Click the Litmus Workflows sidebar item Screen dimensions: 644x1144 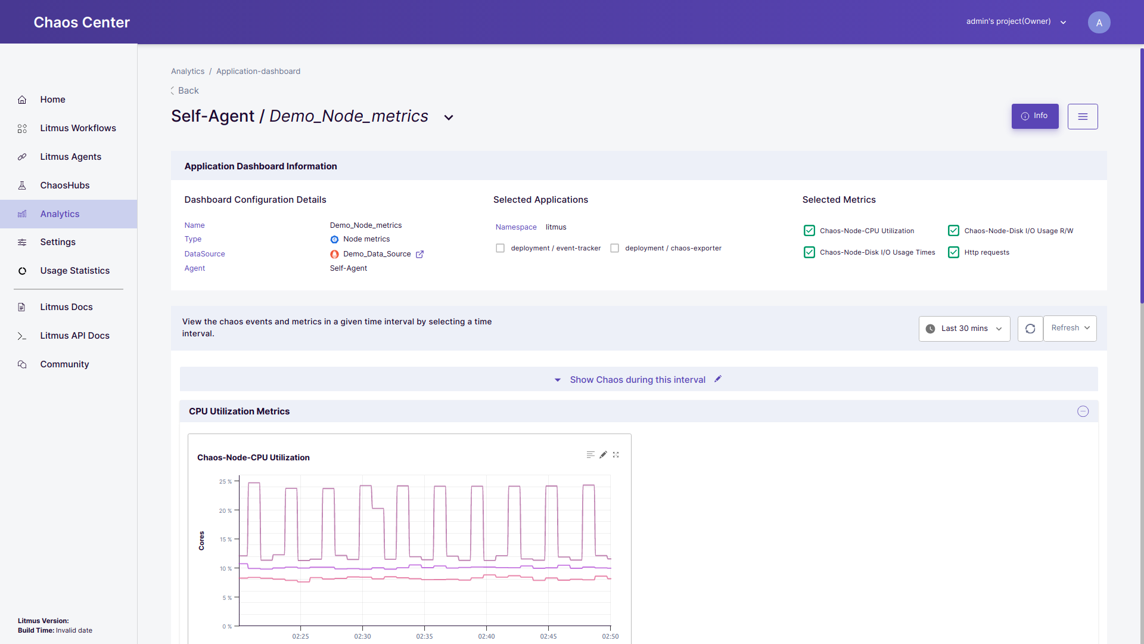point(77,128)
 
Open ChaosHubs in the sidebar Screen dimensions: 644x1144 point(64,185)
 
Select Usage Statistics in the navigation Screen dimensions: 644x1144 point(74,271)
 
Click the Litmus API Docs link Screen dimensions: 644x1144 point(74,336)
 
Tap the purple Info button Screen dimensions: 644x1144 point(1034,116)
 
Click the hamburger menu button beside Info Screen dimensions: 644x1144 point(1083,117)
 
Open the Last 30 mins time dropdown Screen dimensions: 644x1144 point(964,329)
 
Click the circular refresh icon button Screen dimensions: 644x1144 point(1030,329)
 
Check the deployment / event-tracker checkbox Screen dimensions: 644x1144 point(500,248)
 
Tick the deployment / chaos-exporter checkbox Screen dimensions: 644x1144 point(615,248)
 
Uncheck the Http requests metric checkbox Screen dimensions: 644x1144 point(953,252)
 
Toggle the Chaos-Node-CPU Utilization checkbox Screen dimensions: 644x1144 point(809,231)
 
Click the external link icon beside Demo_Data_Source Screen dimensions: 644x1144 point(419,254)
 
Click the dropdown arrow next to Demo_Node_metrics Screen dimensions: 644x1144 point(449,117)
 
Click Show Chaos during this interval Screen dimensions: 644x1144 point(637,380)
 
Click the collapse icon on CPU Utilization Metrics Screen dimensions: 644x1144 point(1083,411)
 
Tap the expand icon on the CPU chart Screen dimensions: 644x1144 point(616,455)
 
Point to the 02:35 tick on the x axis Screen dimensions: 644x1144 point(424,636)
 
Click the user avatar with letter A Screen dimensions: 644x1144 point(1099,23)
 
